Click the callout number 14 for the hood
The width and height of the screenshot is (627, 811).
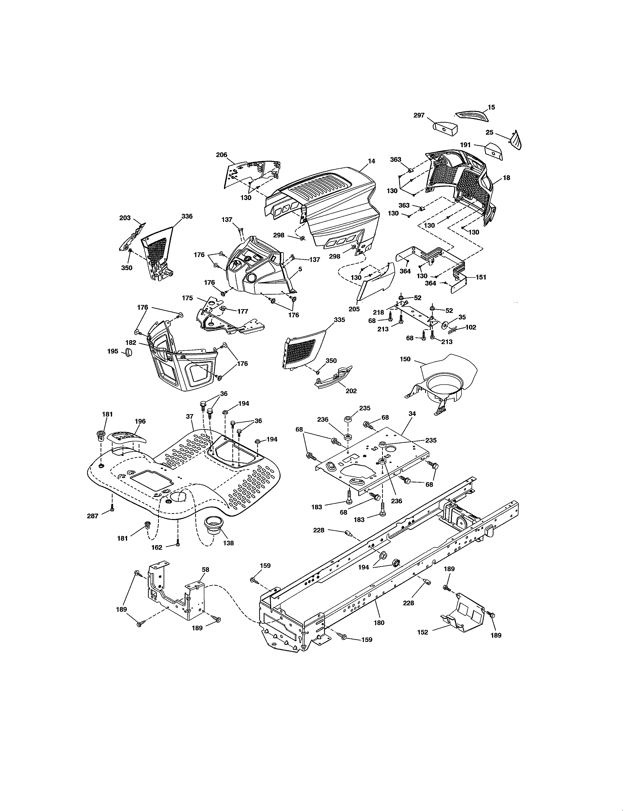[372, 161]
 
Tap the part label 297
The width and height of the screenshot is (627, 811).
[419, 116]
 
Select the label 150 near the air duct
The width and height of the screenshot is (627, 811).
[405, 359]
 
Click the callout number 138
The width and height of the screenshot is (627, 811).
[228, 543]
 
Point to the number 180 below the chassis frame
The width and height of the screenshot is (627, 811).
[379, 623]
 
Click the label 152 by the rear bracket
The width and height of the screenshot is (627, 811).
[423, 632]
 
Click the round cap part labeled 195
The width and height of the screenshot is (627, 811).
[128, 352]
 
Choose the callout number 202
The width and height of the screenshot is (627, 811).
[351, 391]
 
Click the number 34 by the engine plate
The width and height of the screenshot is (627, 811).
[412, 413]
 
